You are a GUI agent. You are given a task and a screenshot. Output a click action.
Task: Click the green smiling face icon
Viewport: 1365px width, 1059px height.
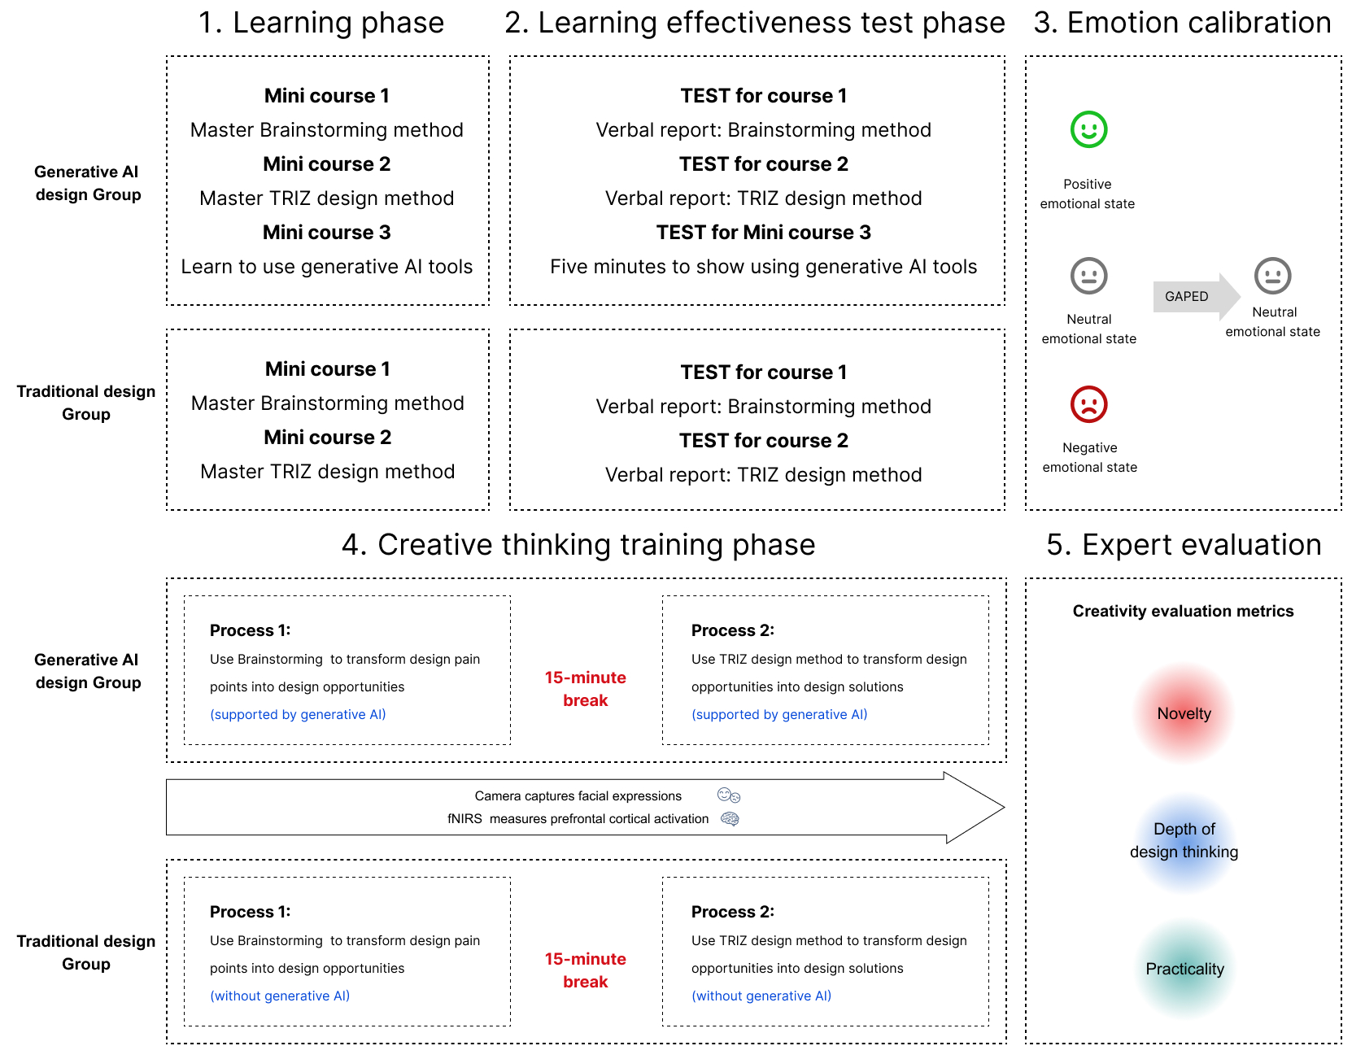pyautogui.click(x=1088, y=129)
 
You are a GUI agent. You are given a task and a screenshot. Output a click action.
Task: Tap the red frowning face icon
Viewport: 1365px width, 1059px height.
pyautogui.click(x=1088, y=404)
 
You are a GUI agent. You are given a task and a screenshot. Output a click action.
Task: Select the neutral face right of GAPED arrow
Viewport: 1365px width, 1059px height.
pyautogui.click(x=1272, y=276)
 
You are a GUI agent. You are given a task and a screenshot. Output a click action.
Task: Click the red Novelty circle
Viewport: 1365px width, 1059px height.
pyautogui.click(x=1184, y=713)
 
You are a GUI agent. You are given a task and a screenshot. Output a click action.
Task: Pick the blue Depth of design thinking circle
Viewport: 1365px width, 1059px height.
pyautogui.click(x=1184, y=841)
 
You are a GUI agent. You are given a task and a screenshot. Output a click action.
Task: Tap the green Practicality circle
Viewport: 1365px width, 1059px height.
pyautogui.click(x=1184, y=969)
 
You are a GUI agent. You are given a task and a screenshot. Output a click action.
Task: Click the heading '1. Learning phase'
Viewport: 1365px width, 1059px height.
pyautogui.click(x=321, y=23)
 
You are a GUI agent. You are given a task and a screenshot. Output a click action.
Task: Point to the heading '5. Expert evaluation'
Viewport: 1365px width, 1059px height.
pyautogui.click(x=1184, y=545)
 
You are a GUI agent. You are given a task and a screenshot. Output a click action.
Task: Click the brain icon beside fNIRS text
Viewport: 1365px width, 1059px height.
pyautogui.click(x=730, y=819)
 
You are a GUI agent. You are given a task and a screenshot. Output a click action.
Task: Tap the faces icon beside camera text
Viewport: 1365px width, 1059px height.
pyautogui.click(x=728, y=795)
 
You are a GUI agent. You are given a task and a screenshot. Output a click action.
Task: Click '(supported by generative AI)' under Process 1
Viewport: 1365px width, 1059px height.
pyautogui.click(x=298, y=714)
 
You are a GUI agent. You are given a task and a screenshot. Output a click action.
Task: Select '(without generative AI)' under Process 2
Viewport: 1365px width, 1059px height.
pyautogui.click(x=761, y=996)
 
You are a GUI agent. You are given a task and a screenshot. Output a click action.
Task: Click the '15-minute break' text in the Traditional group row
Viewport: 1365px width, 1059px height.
pyautogui.click(x=585, y=970)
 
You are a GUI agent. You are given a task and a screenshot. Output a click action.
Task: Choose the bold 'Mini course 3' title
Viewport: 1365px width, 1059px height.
pyautogui.click(x=327, y=233)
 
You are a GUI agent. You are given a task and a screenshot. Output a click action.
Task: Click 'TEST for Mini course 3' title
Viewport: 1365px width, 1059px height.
pyautogui.click(x=763, y=233)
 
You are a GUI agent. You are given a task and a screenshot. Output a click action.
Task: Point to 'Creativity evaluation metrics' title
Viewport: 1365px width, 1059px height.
pyautogui.click(x=1183, y=611)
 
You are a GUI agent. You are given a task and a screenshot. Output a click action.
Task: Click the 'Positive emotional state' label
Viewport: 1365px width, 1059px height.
pyautogui.click(x=1088, y=194)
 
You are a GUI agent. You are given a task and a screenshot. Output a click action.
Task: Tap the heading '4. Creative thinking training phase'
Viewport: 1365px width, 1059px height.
pyautogui.click(x=578, y=545)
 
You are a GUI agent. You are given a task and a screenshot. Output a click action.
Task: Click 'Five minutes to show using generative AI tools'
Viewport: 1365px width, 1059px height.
pyautogui.click(x=763, y=267)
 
